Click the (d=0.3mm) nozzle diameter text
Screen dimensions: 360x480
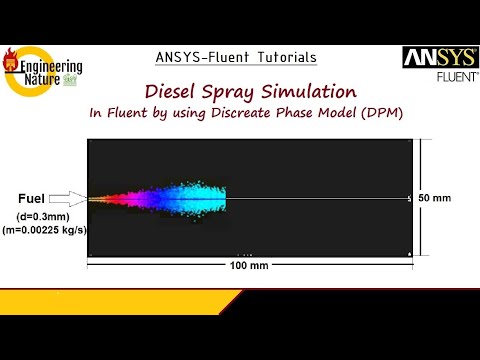pyautogui.click(x=40, y=216)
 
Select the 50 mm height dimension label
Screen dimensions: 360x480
pyautogui.click(x=434, y=198)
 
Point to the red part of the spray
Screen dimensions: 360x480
pyautogui.click(x=118, y=198)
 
